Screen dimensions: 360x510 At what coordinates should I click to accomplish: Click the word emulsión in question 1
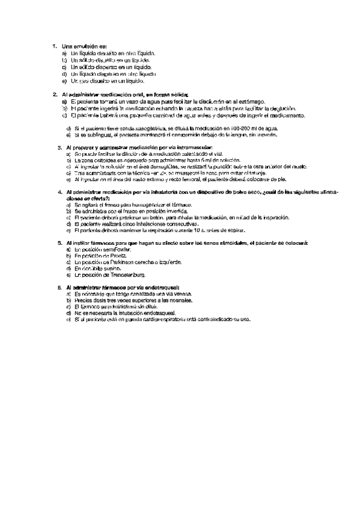[82, 46]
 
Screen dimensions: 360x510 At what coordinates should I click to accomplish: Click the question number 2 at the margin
[54, 94]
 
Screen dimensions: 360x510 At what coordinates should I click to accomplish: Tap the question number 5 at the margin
[54, 242]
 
